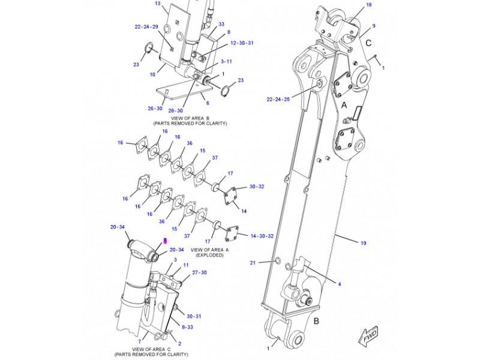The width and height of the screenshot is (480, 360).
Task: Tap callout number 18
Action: click(369, 5)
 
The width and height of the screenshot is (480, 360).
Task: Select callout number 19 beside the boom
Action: click(363, 243)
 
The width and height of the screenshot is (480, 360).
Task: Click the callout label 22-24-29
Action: click(146, 27)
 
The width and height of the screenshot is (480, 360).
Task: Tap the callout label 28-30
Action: click(175, 110)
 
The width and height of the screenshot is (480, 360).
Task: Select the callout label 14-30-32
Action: click(262, 236)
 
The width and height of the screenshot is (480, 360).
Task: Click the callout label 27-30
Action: click(200, 272)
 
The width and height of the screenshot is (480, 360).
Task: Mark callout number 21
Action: click(253, 263)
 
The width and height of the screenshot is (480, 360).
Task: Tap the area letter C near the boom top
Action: click(368, 43)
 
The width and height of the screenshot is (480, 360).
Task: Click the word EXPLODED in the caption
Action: click(207, 255)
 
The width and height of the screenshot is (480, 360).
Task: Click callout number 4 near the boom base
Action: click(339, 284)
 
